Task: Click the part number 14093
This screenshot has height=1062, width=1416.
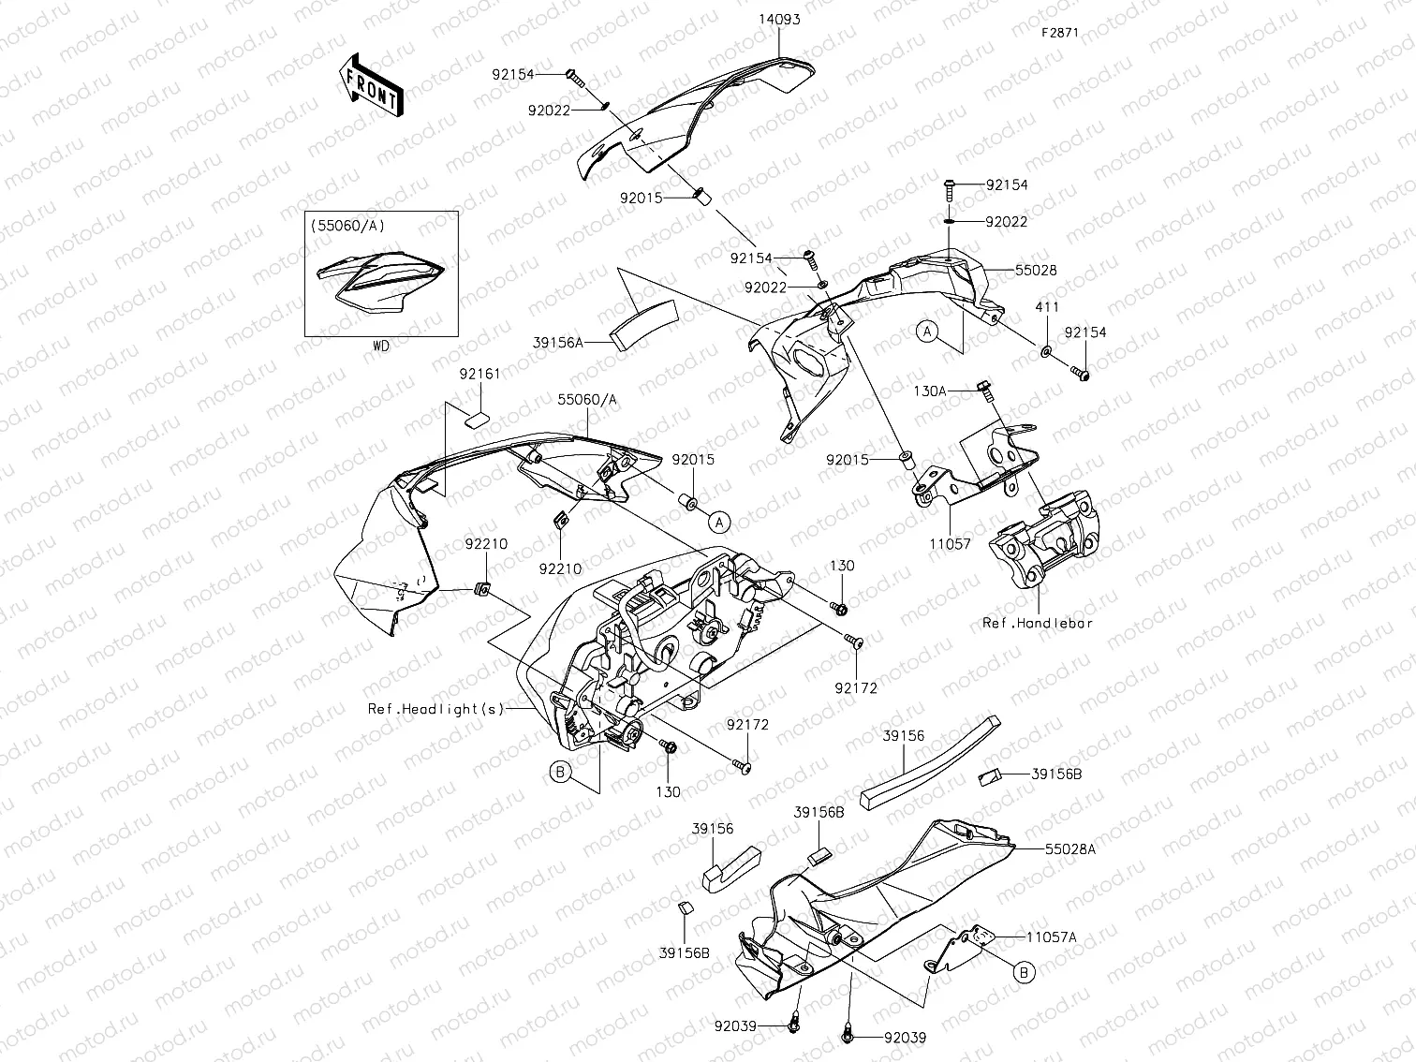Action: pos(779,20)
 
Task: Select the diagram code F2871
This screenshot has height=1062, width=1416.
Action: pos(1060,32)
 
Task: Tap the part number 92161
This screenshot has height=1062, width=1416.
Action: pos(479,374)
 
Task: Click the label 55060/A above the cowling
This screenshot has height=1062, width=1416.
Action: pos(587,399)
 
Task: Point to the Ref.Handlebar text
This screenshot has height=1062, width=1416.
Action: pos(1038,623)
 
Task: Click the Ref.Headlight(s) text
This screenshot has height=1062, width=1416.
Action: pos(435,709)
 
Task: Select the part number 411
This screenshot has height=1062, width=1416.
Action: pos(1046,307)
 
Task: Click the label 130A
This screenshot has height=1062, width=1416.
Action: pos(930,391)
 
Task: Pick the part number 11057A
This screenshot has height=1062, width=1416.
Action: pos(1051,936)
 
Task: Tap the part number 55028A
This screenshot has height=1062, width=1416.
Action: pos(1070,848)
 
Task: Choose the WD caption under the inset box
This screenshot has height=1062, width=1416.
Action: pos(380,346)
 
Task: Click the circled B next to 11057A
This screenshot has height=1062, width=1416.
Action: pos(1025,973)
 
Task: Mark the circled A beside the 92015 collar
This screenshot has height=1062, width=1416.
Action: pos(718,521)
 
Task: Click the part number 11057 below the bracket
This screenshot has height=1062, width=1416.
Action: pos(950,543)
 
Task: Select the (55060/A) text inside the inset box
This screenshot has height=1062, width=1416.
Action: pos(347,226)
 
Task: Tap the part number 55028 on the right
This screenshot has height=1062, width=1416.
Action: pos(1036,270)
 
